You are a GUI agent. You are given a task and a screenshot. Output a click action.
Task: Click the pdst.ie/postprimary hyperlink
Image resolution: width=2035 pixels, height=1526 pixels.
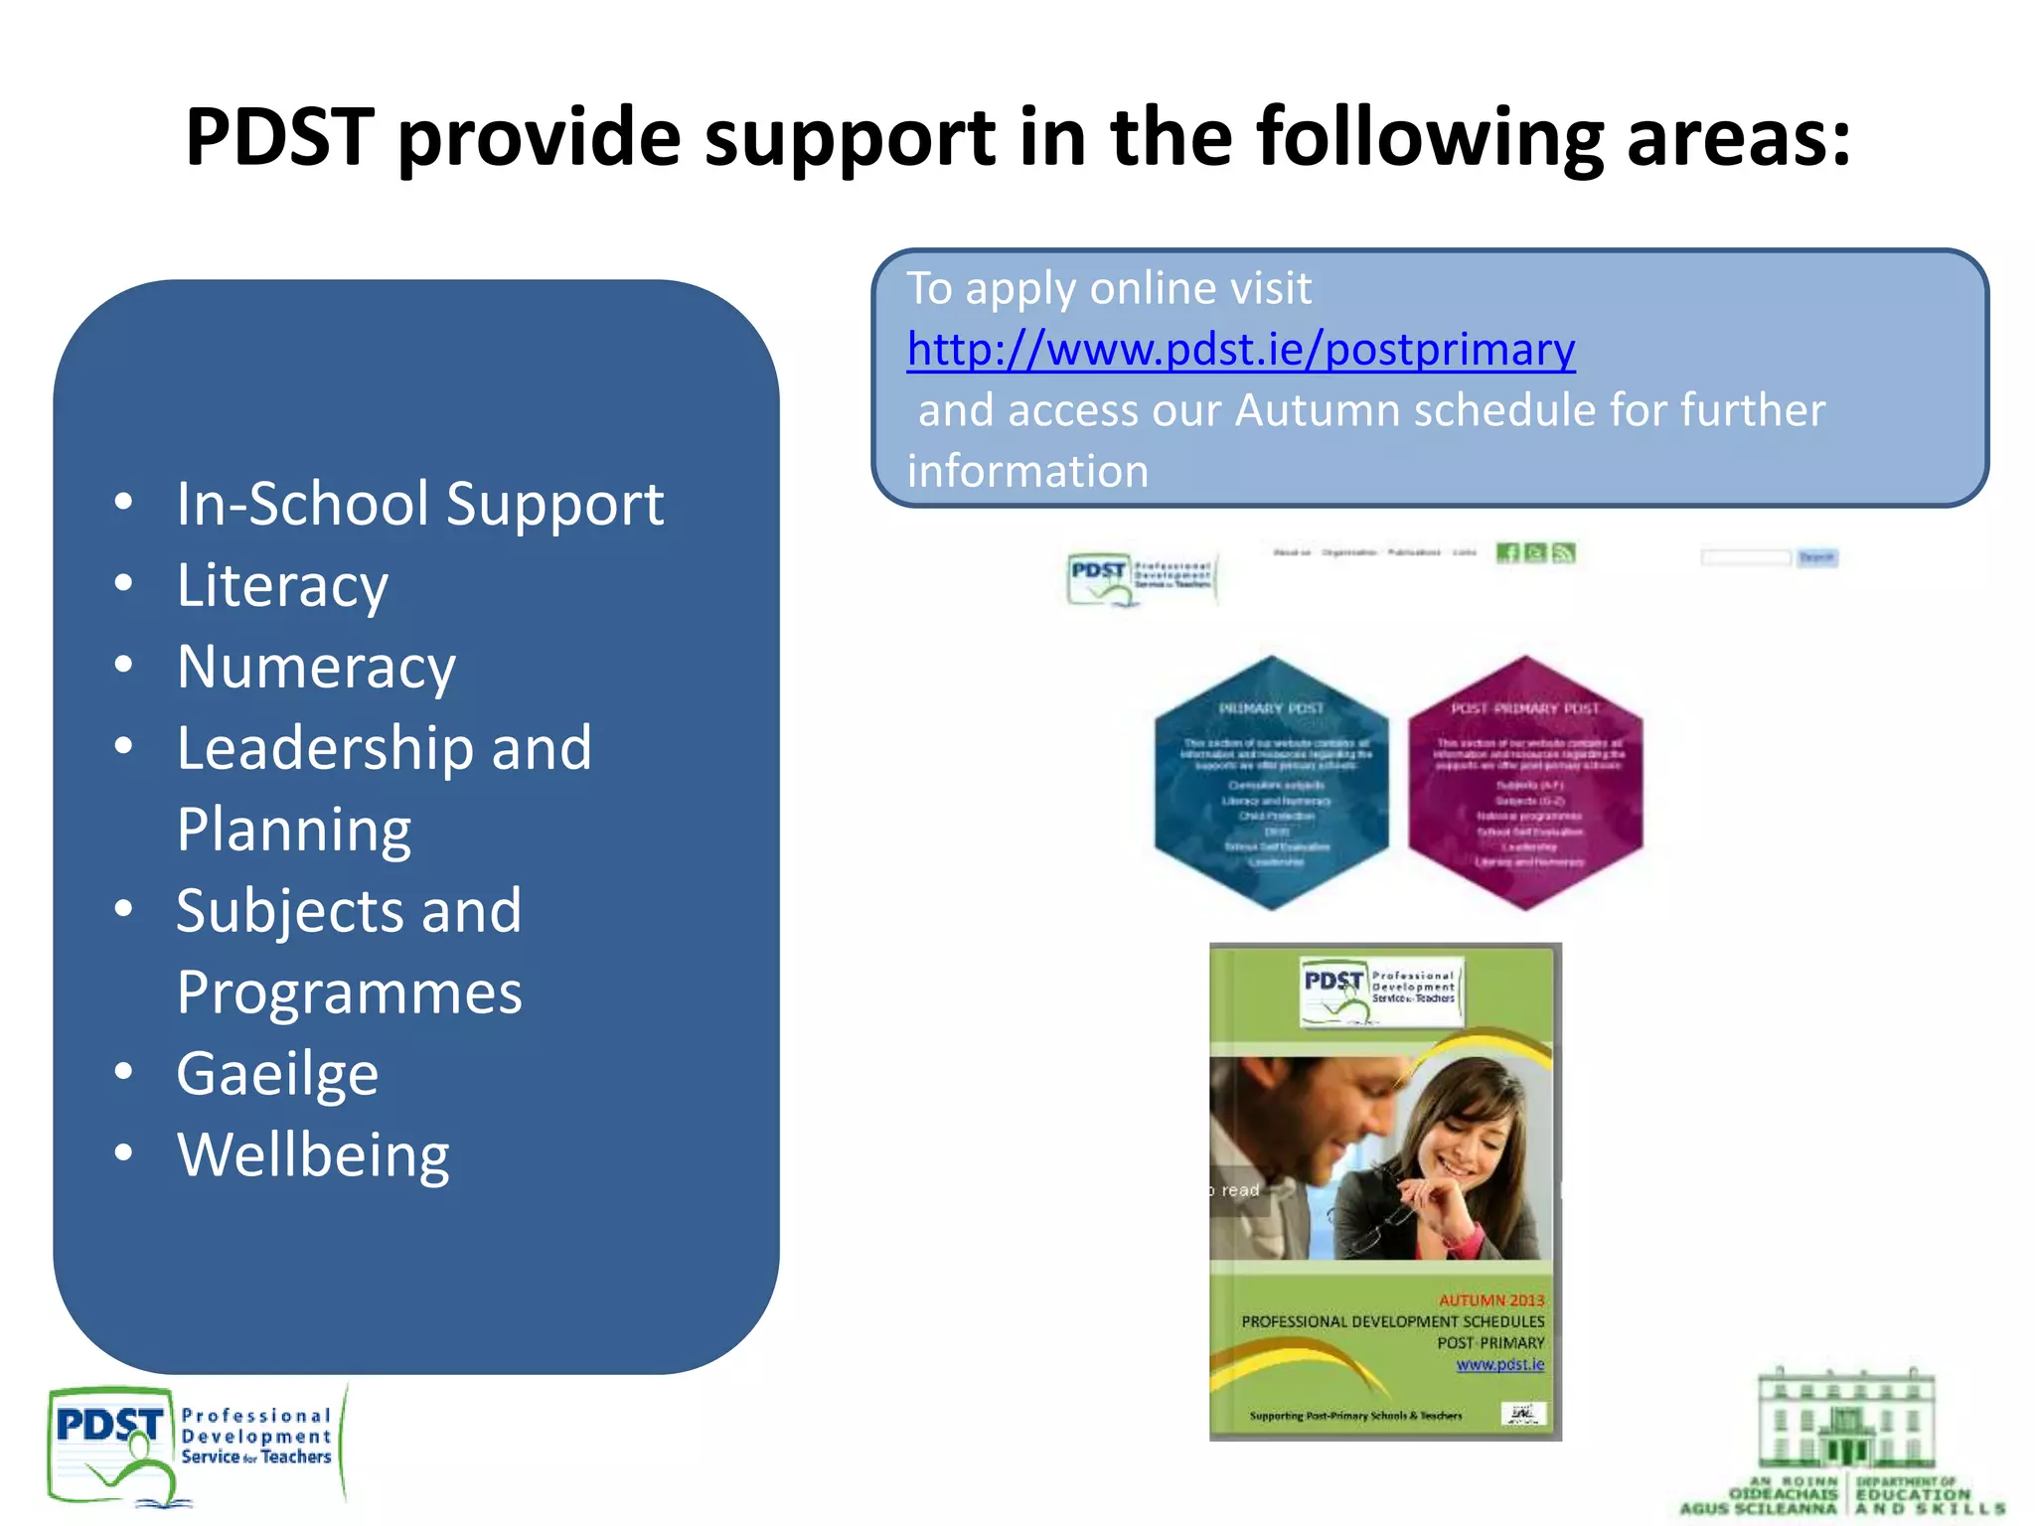[1240, 350]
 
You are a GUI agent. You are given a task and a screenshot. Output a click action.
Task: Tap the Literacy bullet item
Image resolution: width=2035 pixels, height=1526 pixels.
[282, 585]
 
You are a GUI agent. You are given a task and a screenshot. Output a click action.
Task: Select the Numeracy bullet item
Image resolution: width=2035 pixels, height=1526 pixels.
[316, 667]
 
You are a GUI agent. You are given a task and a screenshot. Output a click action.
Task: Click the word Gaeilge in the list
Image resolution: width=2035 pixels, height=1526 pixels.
[277, 1074]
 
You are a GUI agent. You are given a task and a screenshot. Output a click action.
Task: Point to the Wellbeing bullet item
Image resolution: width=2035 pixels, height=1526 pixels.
[313, 1155]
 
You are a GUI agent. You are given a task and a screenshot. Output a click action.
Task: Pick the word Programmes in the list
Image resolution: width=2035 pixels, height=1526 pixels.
[349, 992]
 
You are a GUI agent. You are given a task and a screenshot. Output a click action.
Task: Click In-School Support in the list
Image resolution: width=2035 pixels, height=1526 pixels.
[419, 504]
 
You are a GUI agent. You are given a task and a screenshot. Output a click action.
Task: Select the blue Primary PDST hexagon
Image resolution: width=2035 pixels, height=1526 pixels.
[1272, 783]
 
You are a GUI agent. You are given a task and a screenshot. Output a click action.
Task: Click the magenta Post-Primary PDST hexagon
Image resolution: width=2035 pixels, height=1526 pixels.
[1525, 783]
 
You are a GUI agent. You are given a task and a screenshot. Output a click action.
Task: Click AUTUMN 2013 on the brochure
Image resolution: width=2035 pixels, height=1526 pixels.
[1491, 1299]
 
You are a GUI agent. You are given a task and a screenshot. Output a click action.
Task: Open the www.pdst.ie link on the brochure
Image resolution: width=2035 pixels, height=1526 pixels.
[1499, 1364]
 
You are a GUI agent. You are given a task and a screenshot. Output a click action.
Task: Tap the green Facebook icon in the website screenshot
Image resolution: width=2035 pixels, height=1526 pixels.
[1507, 553]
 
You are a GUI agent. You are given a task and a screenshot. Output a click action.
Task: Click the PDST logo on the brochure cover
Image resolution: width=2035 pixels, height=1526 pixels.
[1381, 989]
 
